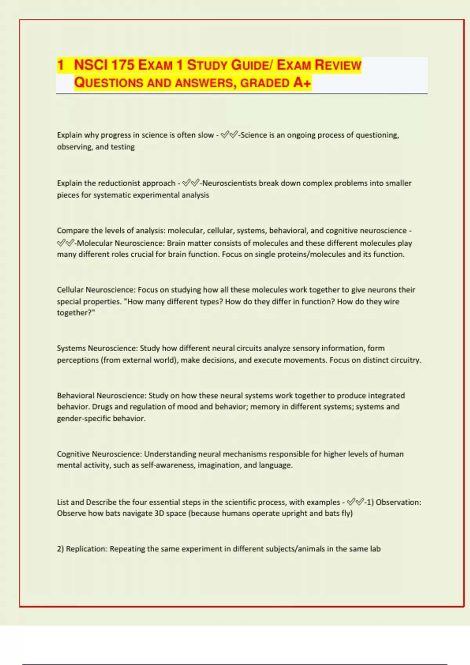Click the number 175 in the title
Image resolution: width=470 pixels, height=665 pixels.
[123, 65]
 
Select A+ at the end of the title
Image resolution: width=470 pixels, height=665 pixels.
[302, 83]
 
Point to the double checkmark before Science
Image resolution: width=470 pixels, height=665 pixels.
[229, 135]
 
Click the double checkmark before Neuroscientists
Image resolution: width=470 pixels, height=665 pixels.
[191, 183]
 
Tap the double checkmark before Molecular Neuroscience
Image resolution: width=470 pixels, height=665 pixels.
[65, 243]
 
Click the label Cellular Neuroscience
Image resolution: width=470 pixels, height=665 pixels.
[96, 290]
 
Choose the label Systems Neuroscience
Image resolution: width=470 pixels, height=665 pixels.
[97, 348]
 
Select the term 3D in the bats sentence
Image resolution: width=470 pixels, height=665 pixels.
[159, 513]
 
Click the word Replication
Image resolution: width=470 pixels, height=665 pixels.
[86, 549]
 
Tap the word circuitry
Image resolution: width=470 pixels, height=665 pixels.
[405, 360]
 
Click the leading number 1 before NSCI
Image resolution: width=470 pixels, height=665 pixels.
[60, 65]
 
